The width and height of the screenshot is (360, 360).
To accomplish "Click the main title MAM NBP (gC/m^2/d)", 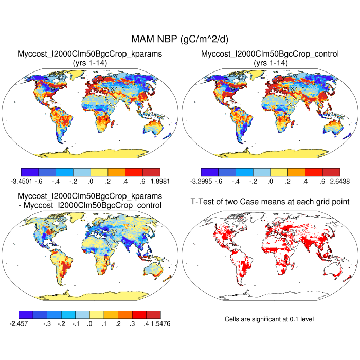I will pos(180,40).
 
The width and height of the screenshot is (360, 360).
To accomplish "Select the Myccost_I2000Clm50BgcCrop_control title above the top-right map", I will pos(270,53).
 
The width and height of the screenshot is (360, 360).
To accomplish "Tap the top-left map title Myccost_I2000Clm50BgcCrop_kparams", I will pos(90,53).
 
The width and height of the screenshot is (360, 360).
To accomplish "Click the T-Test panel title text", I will pos(270,201).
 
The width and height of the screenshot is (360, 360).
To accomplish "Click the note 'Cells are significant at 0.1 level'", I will pos(269,319).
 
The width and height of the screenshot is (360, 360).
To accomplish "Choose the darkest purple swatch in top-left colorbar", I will pos(29,172).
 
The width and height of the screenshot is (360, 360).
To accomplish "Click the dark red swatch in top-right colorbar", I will pos(331,172).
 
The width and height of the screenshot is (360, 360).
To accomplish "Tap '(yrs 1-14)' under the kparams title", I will pos(90,62).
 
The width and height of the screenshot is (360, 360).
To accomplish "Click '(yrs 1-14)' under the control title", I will pos(270,62).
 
